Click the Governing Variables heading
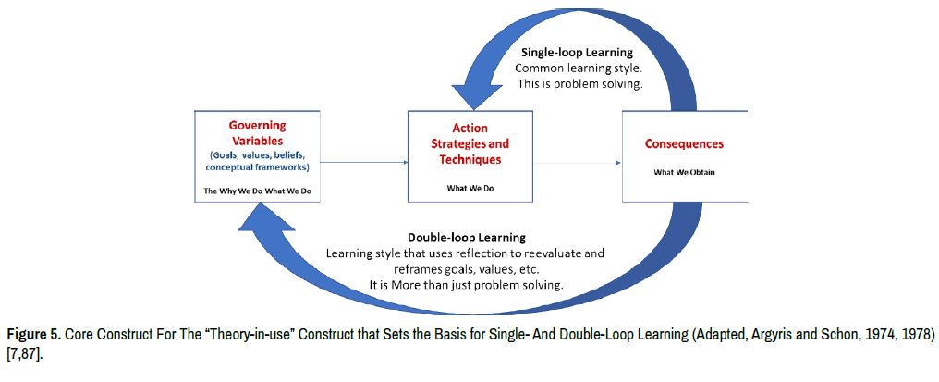click(x=257, y=133)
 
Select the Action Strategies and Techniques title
click(x=469, y=143)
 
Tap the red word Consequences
click(x=683, y=144)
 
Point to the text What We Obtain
click(x=684, y=172)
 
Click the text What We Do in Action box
click(x=469, y=186)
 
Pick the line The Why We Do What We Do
click(x=257, y=191)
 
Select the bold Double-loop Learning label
click(x=466, y=238)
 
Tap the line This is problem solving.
click(x=580, y=84)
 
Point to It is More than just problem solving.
click(x=466, y=284)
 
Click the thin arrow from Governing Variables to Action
click(x=364, y=163)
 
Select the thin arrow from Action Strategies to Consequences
click(x=577, y=164)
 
